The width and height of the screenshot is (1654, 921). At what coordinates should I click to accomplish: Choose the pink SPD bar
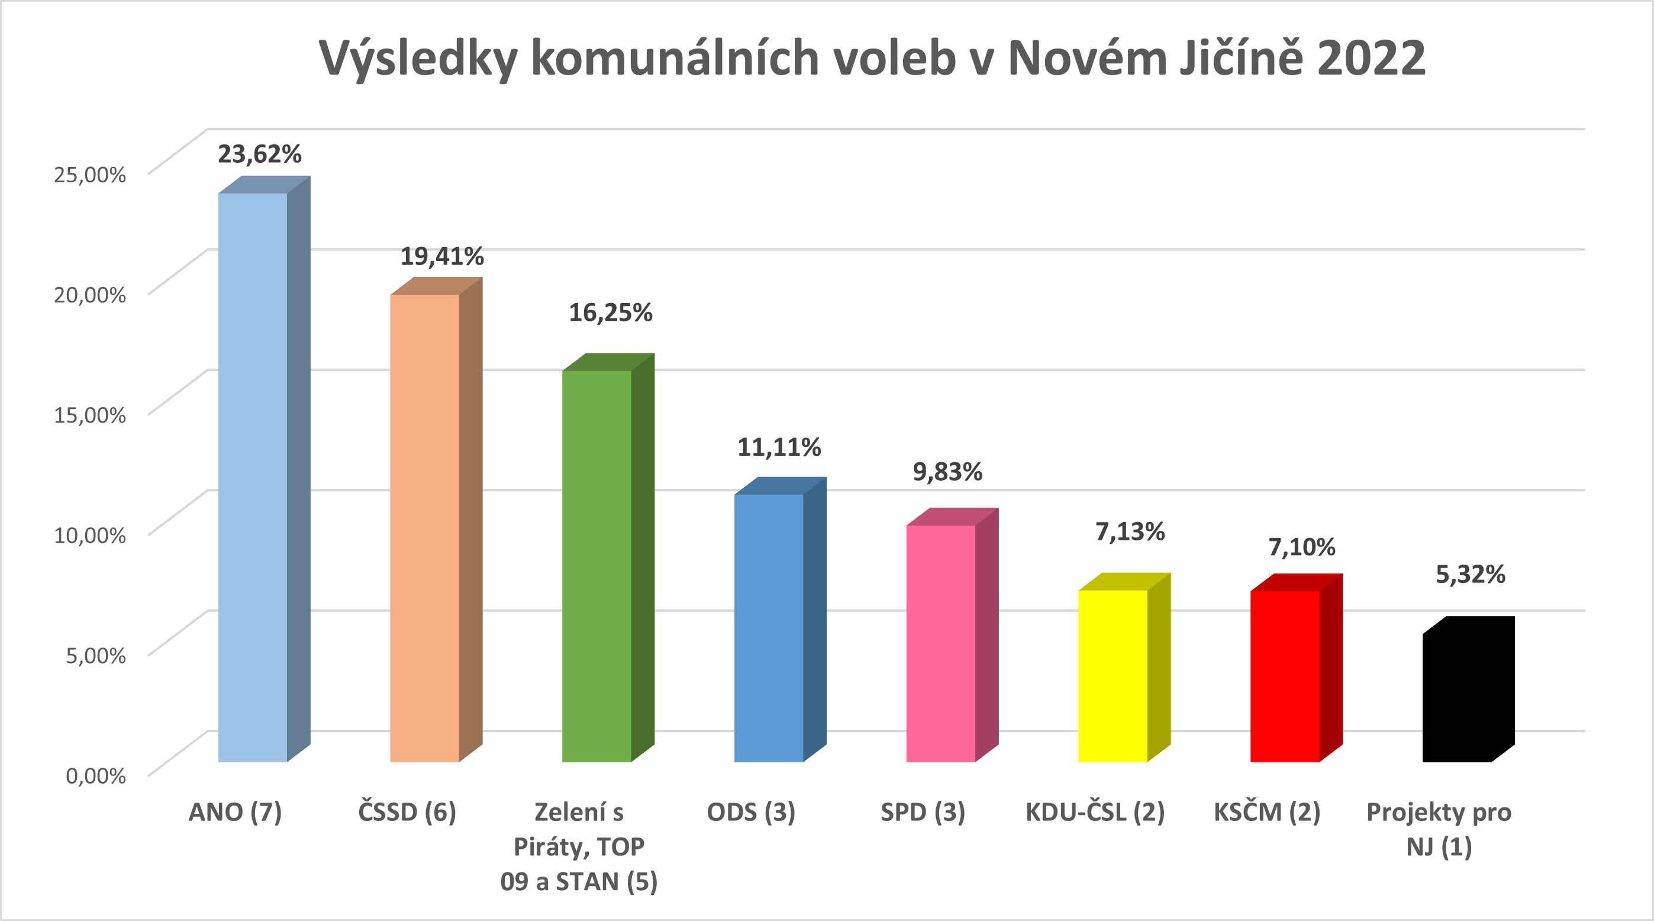(941, 643)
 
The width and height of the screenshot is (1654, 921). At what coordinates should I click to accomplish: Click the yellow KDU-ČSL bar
(1113, 676)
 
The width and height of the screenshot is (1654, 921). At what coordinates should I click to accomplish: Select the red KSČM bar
(1285, 677)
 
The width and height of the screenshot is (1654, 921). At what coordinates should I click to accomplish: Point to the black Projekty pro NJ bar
(1457, 697)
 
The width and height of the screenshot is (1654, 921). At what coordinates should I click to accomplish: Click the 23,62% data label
(259, 154)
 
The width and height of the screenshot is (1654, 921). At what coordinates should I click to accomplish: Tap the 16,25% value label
(610, 313)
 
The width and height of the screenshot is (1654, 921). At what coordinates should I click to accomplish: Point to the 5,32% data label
(1471, 574)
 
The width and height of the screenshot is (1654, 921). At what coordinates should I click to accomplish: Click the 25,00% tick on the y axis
(89, 175)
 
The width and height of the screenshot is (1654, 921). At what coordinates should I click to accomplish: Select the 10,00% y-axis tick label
(89, 535)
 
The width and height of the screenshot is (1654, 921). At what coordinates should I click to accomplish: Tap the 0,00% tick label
(96, 776)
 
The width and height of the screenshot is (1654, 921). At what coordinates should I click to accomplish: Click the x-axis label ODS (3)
(750, 813)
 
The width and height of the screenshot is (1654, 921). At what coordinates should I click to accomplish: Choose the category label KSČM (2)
(1266, 813)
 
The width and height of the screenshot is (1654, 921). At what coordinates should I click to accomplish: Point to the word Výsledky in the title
(418, 58)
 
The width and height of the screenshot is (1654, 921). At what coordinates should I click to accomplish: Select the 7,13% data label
(1130, 532)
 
